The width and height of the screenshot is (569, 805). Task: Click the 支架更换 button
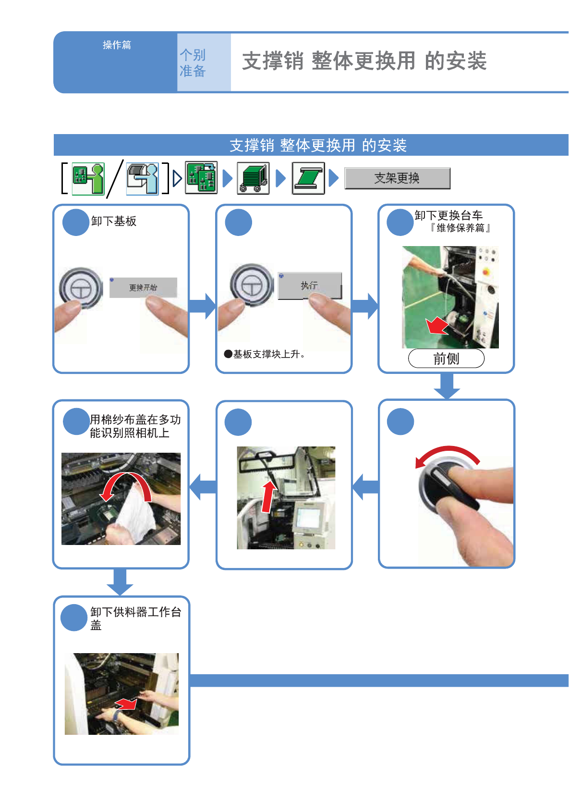(397, 178)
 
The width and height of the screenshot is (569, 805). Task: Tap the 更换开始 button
(143, 287)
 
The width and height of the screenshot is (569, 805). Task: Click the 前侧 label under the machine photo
(446, 359)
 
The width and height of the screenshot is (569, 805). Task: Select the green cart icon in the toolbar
(253, 178)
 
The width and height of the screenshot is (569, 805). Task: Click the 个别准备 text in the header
(193, 63)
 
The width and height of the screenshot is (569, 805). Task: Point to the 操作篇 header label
(117, 45)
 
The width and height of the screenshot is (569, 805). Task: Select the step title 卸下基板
(114, 221)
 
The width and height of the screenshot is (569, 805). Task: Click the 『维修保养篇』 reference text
(460, 228)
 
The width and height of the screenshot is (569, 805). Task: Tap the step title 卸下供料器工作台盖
(135, 618)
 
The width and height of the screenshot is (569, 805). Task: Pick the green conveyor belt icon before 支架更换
(308, 178)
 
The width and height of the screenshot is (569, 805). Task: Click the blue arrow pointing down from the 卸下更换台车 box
(447, 386)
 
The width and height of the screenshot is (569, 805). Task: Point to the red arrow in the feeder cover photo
(126, 704)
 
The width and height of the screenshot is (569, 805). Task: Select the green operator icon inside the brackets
(88, 178)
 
